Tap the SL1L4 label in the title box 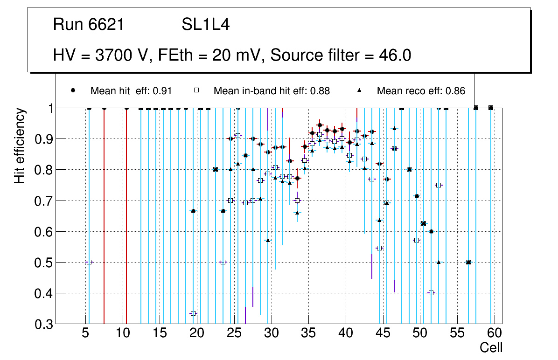[205, 25]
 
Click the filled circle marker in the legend [73, 90]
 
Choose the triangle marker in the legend [360, 90]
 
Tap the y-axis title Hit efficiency [20, 145]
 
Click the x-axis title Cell [491, 348]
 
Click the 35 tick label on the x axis [308, 333]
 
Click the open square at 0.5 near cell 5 [89, 262]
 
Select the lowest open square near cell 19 [193, 313]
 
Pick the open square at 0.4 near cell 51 [431, 293]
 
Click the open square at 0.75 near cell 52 [439, 185]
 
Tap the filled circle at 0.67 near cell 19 [193, 211]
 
